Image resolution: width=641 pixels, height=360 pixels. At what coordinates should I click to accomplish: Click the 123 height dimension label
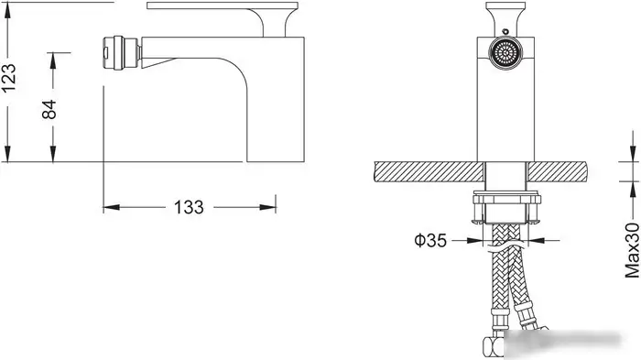click(x=9, y=78)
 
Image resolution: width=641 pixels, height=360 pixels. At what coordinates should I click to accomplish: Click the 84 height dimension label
click(x=49, y=109)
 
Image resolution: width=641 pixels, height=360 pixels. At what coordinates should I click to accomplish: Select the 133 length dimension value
click(x=189, y=207)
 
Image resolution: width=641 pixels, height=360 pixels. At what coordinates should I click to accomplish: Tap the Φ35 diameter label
click(x=430, y=240)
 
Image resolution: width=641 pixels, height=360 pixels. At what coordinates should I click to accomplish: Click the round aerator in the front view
click(x=505, y=53)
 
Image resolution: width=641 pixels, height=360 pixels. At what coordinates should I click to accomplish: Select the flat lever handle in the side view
click(x=223, y=5)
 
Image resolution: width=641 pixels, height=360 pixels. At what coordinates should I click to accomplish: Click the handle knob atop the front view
click(x=505, y=16)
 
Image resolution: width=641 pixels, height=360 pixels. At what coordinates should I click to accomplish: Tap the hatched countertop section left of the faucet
click(x=429, y=172)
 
